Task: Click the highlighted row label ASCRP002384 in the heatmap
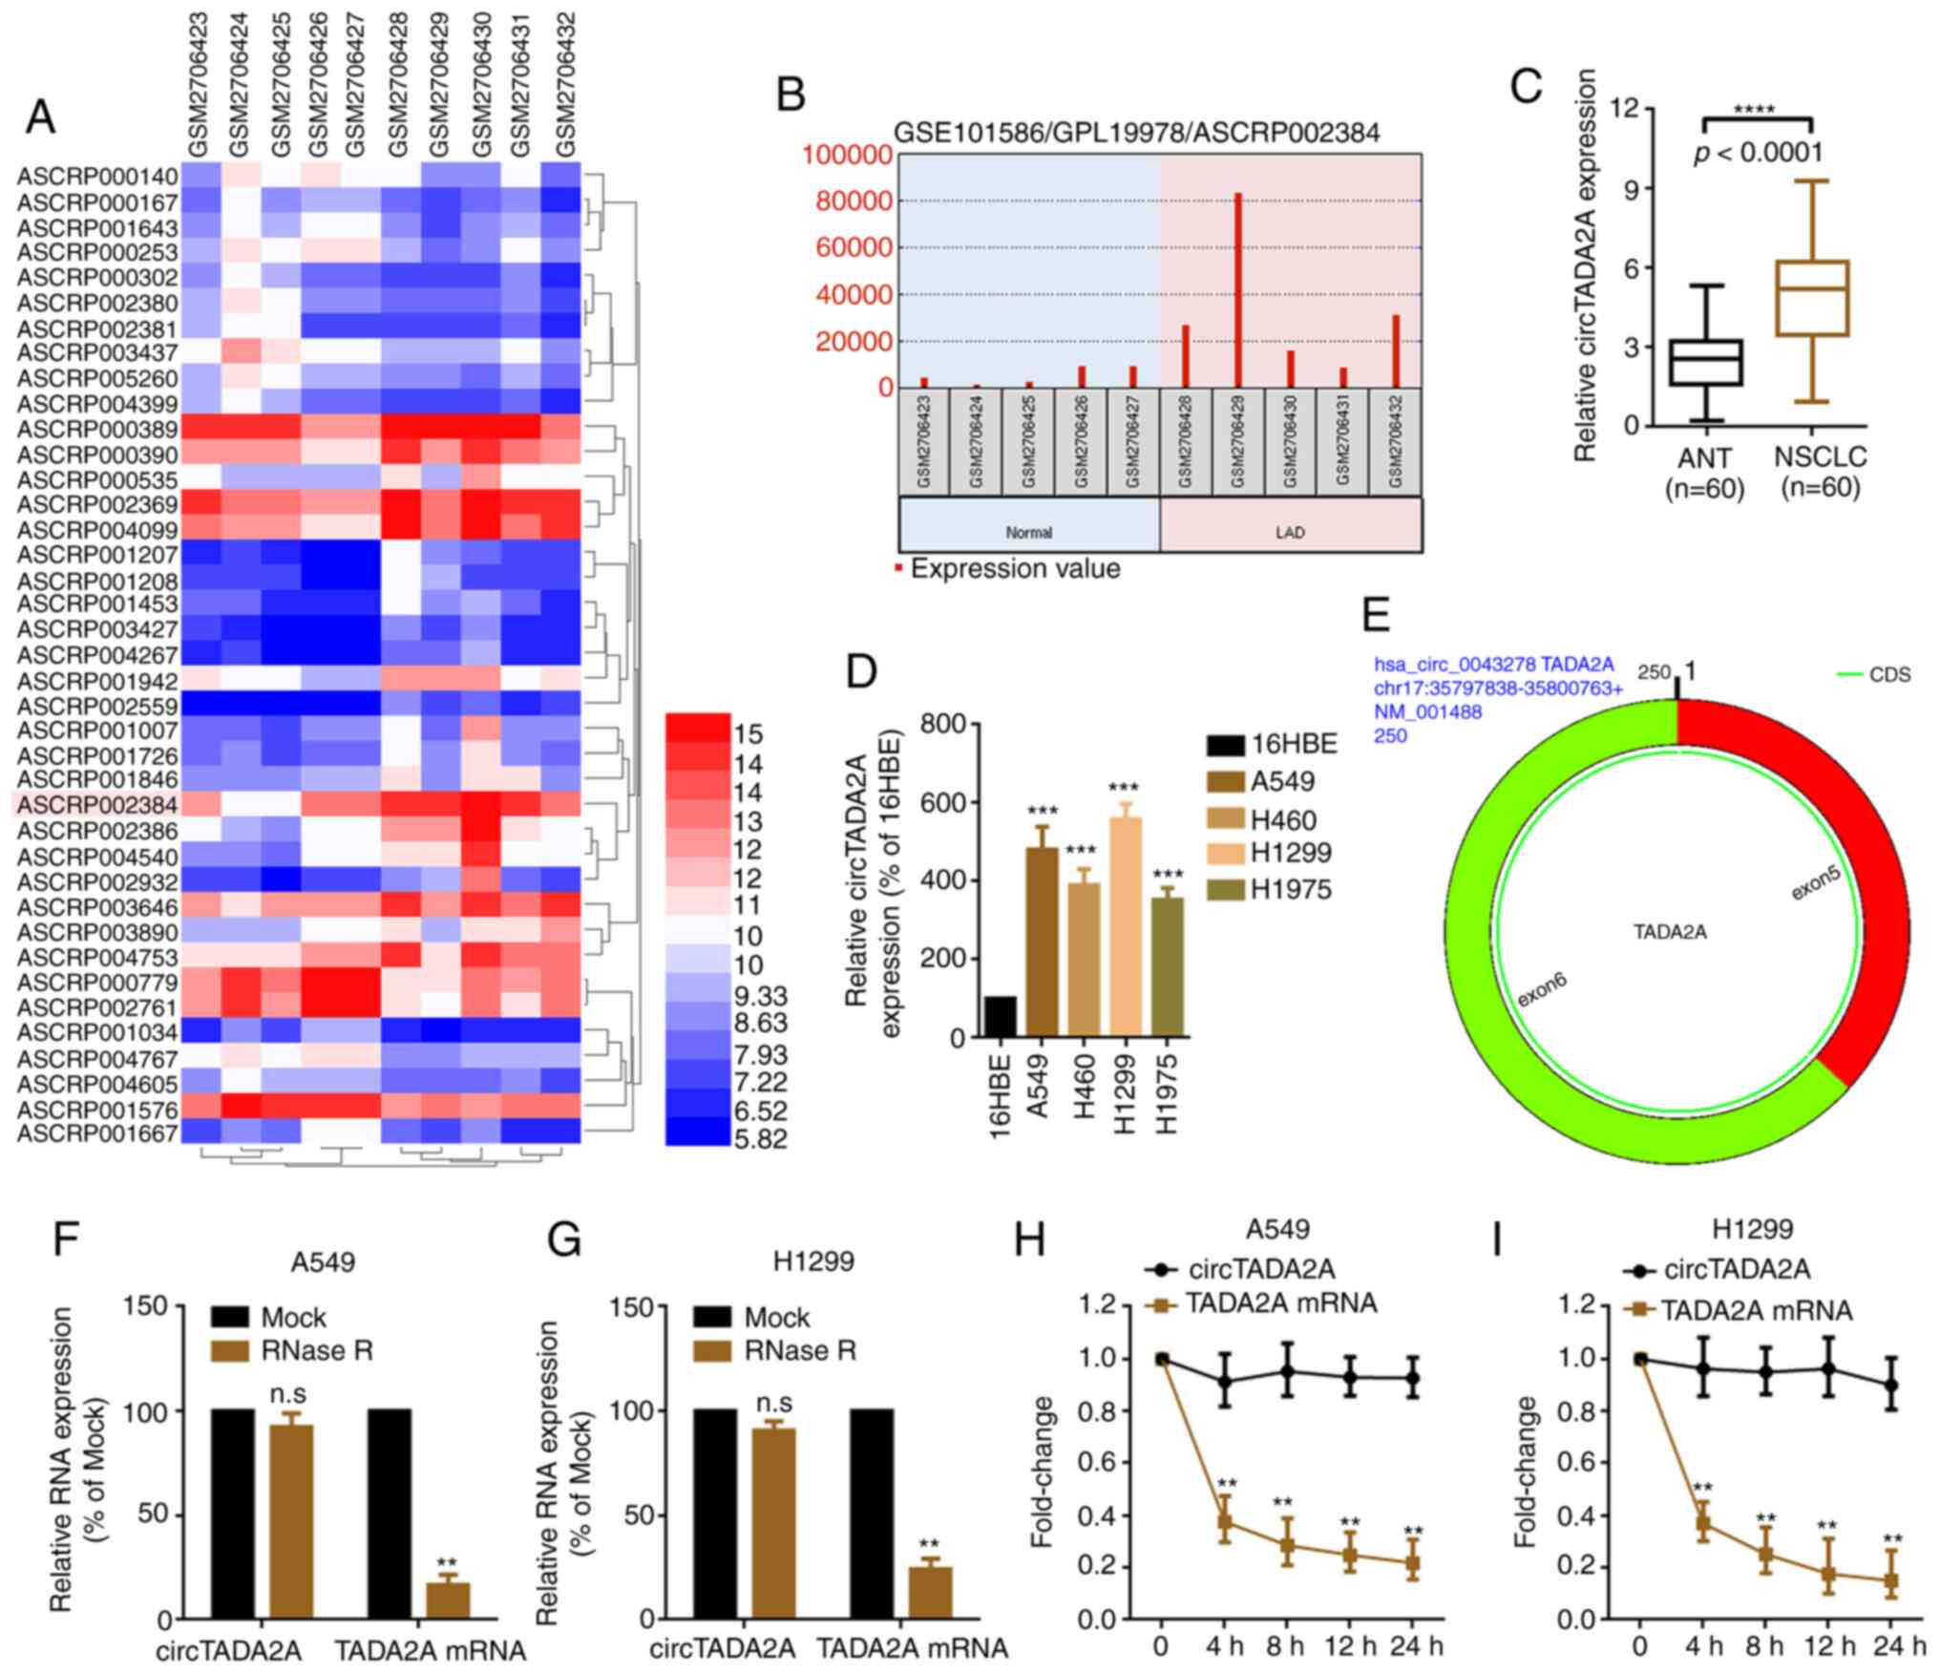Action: [97, 805]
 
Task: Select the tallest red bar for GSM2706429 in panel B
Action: [1237, 290]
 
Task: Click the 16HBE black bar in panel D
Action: [1000, 1016]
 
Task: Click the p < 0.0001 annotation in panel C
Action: [1758, 153]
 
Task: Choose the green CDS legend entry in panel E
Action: [1875, 675]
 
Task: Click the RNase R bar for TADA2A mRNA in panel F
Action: [448, 1599]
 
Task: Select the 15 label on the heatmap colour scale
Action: [749, 734]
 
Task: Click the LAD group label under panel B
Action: [1290, 532]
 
